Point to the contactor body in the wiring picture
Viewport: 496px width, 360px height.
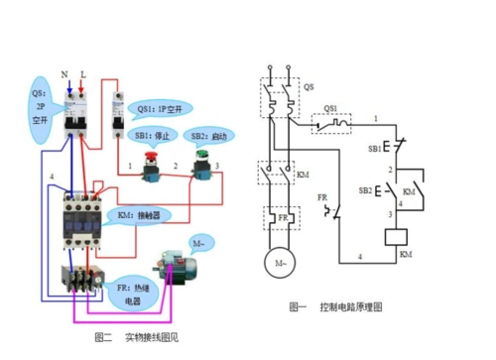click(81, 212)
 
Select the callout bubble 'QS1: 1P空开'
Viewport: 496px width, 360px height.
click(165, 108)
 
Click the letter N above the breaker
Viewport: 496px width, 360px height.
click(64, 74)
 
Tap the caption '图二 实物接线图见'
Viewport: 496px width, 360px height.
click(142, 337)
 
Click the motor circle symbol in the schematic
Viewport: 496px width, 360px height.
click(274, 261)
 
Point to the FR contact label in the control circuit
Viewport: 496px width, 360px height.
click(322, 197)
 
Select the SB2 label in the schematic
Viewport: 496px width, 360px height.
click(365, 188)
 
